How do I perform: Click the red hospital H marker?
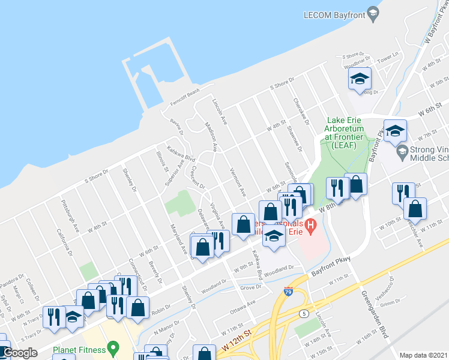310,227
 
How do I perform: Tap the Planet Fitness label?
78,349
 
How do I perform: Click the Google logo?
20,353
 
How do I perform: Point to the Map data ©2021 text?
424,355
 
